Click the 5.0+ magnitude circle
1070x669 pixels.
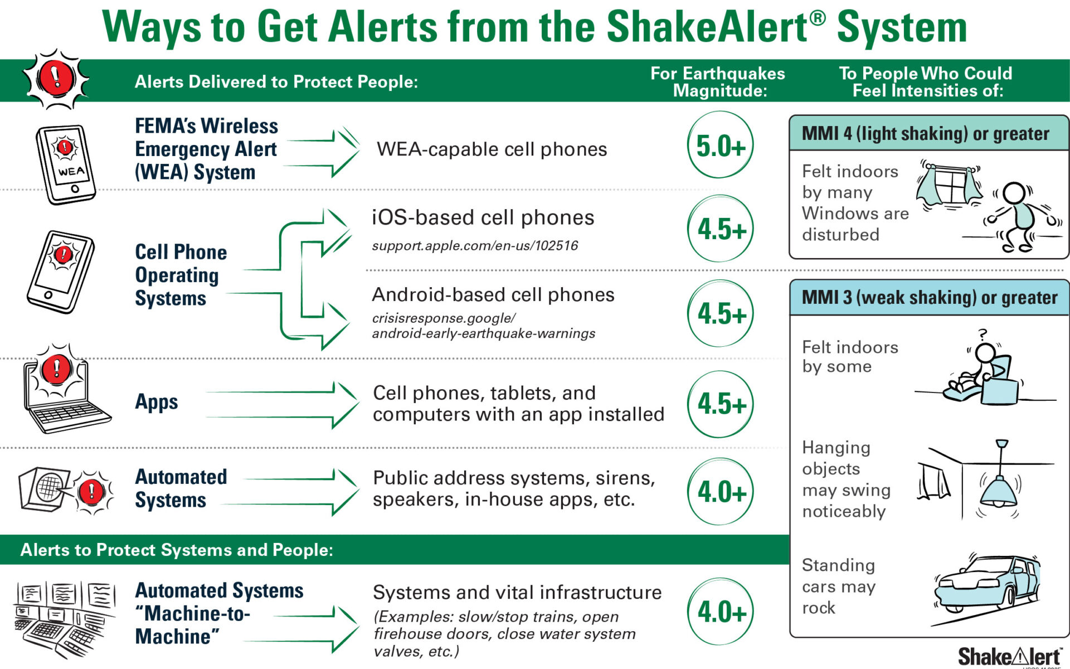point(720,145)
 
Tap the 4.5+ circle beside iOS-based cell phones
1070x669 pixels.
point(720,229)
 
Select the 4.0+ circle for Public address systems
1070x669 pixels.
point(720,492)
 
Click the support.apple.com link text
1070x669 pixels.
point(475,245)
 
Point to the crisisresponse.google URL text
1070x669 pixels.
point(483,326)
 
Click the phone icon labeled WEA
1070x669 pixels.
point(66,164)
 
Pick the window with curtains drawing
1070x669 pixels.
point(950,185)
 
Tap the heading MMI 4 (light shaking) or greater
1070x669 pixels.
point(925,134)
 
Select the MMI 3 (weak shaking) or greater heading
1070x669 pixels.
point(929,298)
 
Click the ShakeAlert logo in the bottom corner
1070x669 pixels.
point(1009,657)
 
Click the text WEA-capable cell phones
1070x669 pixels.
point(492,149)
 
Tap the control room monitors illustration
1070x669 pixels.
point(65,619)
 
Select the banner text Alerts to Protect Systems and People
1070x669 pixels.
point(177,550)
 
